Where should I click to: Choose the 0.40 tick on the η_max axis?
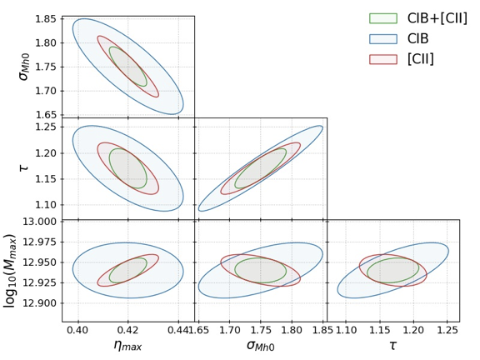77,331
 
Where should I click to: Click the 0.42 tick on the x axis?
127,331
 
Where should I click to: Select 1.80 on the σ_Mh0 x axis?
292,331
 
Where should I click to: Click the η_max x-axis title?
127,347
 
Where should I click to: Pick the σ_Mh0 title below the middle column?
260,347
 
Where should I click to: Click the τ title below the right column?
392,347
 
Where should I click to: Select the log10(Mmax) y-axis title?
11,270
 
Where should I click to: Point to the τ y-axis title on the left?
18,167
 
